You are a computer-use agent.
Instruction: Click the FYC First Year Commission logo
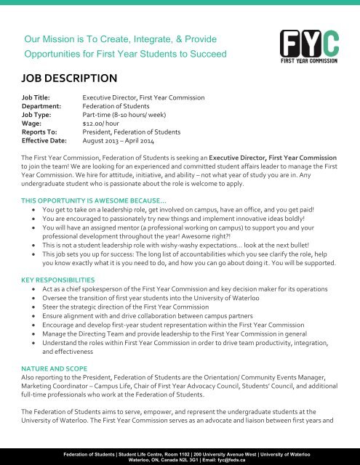[x=311, y=45]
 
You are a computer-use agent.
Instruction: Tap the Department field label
[x=41, y=105]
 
